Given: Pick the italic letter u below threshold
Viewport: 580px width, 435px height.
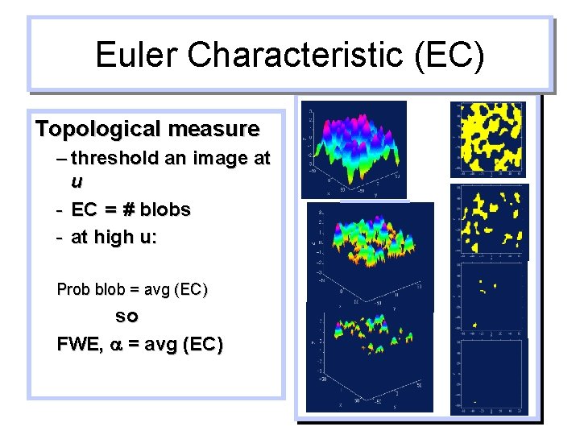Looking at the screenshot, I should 77,180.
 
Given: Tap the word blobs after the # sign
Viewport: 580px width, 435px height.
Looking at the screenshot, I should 165,210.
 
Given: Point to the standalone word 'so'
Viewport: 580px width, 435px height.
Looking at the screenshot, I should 127,316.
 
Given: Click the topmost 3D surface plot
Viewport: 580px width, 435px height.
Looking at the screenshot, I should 354,149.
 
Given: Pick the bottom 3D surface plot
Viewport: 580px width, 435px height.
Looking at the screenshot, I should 369,358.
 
